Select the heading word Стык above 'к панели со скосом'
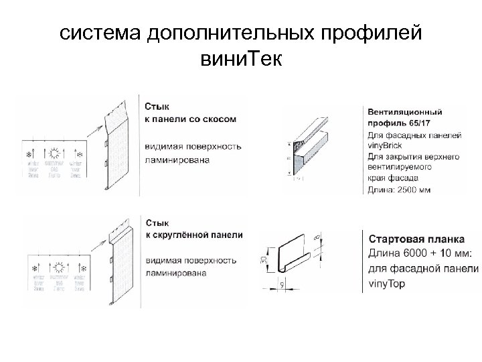157,106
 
